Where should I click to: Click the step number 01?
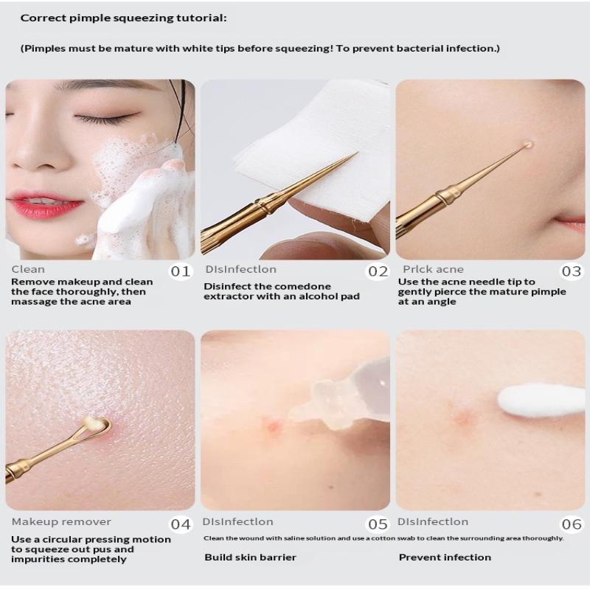(180, 271)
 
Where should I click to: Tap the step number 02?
(378, 271)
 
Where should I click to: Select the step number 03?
(571, 271)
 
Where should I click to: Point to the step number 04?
(181, 524)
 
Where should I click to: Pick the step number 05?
(378, 524)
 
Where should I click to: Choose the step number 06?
(571, 524)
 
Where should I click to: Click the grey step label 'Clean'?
(28, 269)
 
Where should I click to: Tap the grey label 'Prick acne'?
(433, 269)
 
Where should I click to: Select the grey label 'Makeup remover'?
(61, 522)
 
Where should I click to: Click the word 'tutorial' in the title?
(201, 18)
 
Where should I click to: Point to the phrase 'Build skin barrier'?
(250, 558)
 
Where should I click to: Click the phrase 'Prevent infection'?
(445, 558)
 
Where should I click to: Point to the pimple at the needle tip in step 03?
(527, 145)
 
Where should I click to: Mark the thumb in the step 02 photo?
(320, 246)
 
